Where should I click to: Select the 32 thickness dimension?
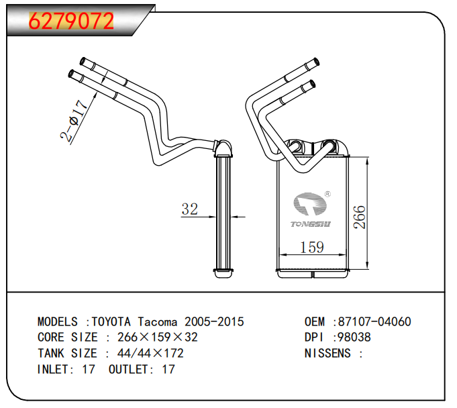(x=190, y=209)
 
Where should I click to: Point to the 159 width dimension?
(x=311, y=248)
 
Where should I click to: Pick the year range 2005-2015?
(x=214, y=321)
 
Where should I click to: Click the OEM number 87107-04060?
(x=374, y=321)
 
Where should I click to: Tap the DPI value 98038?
(x=354, y=337)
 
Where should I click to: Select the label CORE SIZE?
(x=68, y=337)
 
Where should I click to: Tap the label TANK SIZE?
(x=68, y=353)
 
